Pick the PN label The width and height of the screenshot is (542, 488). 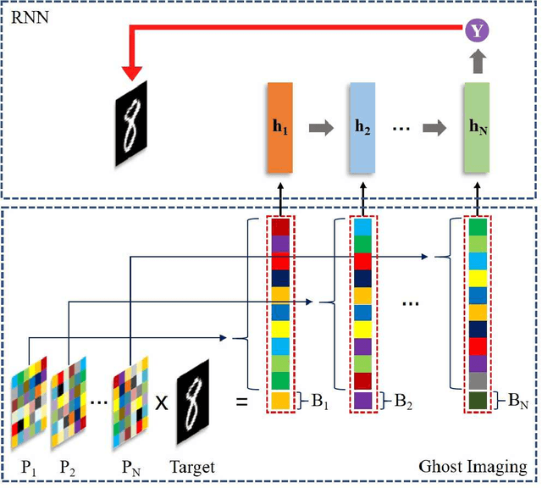pos(132,467)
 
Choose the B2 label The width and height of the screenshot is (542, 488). pos(406,401)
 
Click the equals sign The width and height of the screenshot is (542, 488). pos(241,401)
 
